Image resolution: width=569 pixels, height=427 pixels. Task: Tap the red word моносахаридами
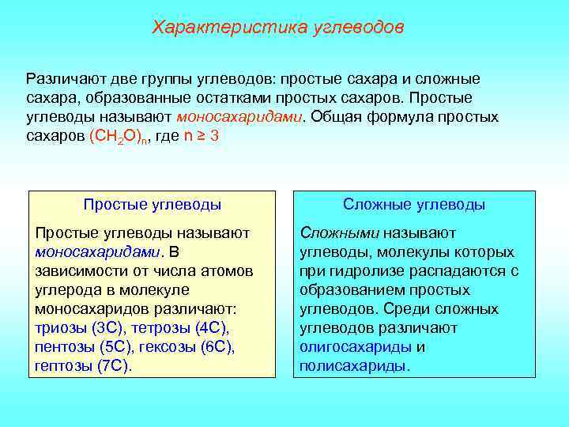click(239, 116)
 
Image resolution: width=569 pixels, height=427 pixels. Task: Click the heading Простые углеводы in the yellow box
click(152, 205)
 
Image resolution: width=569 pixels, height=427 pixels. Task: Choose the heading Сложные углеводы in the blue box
click(414, 205)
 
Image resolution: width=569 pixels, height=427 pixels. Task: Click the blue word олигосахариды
click(356, 347)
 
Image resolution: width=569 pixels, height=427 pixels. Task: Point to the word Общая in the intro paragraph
click(336, 116)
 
